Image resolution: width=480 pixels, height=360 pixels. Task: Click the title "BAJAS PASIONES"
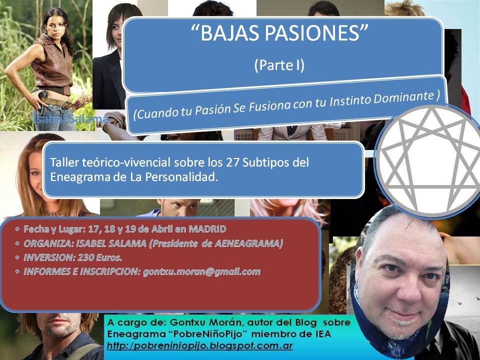[279, 33]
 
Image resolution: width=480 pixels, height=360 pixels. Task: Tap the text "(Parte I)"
[279, 65]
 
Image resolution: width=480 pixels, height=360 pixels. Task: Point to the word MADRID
[207, 229]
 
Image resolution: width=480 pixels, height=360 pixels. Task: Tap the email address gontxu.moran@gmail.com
[201, 272]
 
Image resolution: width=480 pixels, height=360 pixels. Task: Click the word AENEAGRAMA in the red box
[247, 243]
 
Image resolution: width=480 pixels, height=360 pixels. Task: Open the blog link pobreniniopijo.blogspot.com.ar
[200, 346]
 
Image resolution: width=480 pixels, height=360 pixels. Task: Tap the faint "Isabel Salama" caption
[70, 119]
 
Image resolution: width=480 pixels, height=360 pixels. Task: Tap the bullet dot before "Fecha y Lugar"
[17, 229]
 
